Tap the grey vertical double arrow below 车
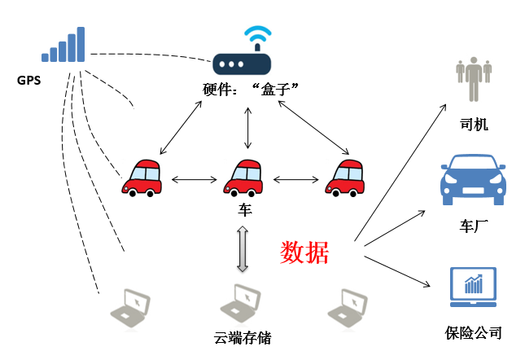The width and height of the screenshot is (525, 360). (x=243, y=250)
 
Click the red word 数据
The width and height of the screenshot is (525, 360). (x=304, y=252)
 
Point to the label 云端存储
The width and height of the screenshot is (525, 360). (x=242, y=337)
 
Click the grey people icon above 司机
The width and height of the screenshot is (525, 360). (x=472, y=77)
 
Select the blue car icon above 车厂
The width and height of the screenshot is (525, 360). (x=472, y=179)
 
